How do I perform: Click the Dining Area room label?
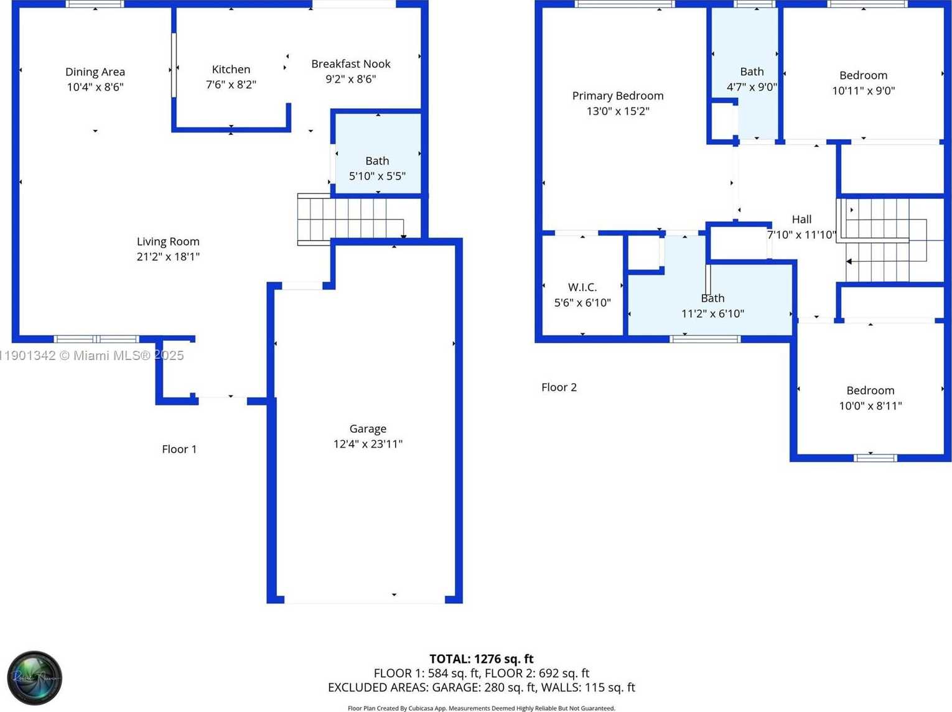(x=95, y=72)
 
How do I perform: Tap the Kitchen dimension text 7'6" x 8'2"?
(x=231, y=85)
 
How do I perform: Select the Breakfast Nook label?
(x=351, y=64)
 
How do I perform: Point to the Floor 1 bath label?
(x=377, y=161)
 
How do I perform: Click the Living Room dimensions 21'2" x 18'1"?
(x=168, y=257)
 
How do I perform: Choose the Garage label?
(x=368, y=428)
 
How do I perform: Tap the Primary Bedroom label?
(x=618, y=96)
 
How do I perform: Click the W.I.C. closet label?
(x=582, y=287)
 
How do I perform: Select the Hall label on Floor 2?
(x=801, y=220)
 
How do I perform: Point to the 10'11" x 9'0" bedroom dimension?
(x=864, y=91)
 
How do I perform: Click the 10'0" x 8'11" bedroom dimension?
(x=870, y=406)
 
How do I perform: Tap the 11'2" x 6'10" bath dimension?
(x=712, y=314)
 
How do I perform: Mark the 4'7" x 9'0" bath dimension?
(x=752, y=87)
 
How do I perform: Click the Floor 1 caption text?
(x=179, y=449)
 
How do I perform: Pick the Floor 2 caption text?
(x=559, y=387)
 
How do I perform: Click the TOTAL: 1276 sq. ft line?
(x=481, y=659)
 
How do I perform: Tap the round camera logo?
(x=34, y=678)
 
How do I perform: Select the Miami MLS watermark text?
(x=92, y=356)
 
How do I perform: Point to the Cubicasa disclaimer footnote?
(x=481, y=708)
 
